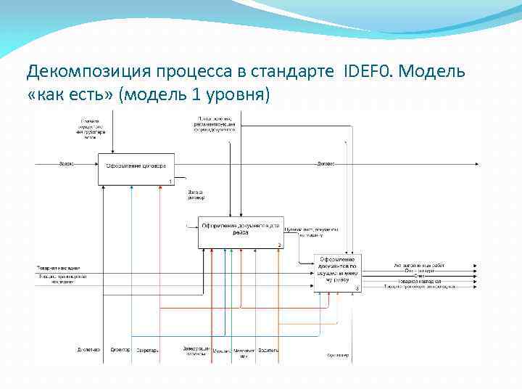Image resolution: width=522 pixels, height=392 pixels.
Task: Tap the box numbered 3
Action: click(x=337, y=273)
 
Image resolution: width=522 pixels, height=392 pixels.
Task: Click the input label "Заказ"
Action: click(x=65, y=163)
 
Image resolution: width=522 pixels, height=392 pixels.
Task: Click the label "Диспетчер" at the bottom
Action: click(x=88, y=350)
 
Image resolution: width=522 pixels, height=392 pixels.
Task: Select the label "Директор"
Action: click(x=120, y=350)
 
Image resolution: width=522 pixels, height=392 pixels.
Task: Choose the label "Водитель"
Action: click(x=269, y=350)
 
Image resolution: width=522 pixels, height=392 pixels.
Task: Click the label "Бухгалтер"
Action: click(x=338, y=356)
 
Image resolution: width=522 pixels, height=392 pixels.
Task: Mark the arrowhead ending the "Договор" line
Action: click(x=476, y=164)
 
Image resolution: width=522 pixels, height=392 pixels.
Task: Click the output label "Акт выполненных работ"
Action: click(x=420, y=265)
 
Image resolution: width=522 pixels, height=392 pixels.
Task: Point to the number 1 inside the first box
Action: click(x=170, y=181)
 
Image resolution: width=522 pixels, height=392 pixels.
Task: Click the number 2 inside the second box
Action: click(x=279, y=245)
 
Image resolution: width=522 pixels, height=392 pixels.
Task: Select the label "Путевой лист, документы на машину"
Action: click(x=310, y=232)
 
